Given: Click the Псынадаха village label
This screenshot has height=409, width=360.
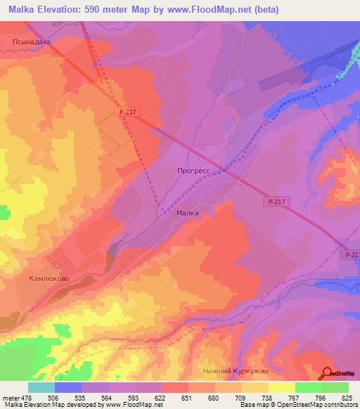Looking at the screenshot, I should pyautogui.click(x=32, y=42).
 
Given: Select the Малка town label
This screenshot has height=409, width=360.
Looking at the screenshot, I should pyautogui.click(x=188, y=212).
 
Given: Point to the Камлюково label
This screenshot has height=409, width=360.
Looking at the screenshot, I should pyautogui.click(x=48, y=278).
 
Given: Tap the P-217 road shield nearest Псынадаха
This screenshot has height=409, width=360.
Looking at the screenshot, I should pyautogui.click(x=126, y=112).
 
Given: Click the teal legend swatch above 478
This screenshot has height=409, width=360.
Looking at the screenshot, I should pyautogui.click(x=41, y=387).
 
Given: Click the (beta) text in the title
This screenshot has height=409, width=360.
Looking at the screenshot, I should pyautogui.click(x=266, y=10).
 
